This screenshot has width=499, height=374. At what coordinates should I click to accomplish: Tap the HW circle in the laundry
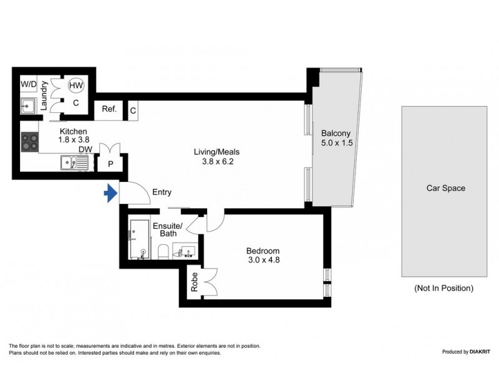point(76,86)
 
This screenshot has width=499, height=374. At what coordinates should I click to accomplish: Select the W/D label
point(28,84)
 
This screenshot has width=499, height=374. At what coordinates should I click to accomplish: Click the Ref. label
point(110,110)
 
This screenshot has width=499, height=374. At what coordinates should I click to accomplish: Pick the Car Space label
point(445,188)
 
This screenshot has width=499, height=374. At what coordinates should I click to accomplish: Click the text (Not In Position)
point(443,289)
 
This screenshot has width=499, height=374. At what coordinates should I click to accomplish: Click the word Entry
point(162,193)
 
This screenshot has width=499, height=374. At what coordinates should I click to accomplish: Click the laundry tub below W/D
point(28,105)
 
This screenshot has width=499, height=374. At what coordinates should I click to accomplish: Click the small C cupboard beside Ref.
point(133,110)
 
